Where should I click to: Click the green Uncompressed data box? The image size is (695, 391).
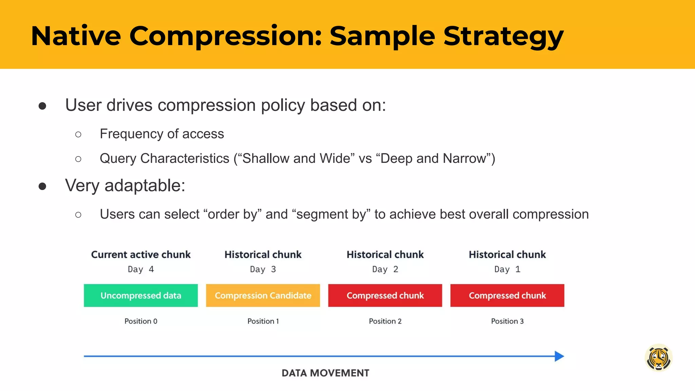pyautogui.click(x=140, y=296)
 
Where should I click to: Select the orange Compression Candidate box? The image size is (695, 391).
pyautogui.click(x=263, y=296)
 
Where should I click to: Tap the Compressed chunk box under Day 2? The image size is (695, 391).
pyautogui.click(x=385, y=296)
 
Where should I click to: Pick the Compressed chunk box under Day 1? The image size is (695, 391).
pyautogui.click(x=507, y=296)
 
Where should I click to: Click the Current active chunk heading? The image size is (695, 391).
pyautogui.click(x=140, y=255)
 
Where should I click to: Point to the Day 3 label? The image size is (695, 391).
pyautogui.click(x=263, y=269)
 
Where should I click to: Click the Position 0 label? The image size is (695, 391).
pyautogui.click(x=140, y=321)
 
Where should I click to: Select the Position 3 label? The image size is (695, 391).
pyautogui.click(x=507, y=321)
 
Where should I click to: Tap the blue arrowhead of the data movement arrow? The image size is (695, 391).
pyautogui.click(x=559, y=356)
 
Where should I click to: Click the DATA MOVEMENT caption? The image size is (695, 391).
pyautogui.click(x=325, y=373)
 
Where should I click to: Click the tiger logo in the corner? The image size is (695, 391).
pyautogui.click(x=658, y=358)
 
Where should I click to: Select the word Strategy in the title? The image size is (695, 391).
pyautogui.click(x=503, y=36)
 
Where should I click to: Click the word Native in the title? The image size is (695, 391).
pyautogui.click(x=76, y=36)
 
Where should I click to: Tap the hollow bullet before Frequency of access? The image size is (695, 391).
pyautogui.click(x=78, y=134)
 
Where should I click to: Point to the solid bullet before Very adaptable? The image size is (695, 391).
pyautogui.click(x=42, y=186)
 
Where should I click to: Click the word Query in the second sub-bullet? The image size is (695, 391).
pyautogui.click(x=117, y=159)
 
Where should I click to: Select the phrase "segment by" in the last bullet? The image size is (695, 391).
pyautogui.click(x=331, y=215)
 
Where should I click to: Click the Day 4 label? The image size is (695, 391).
pyautogui.click(x=140, y=269)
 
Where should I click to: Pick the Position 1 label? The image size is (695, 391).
pyautogui.click(x=263, y=321)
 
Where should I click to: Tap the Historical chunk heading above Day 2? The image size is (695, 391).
pyautogui.click(x=385, y=255)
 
